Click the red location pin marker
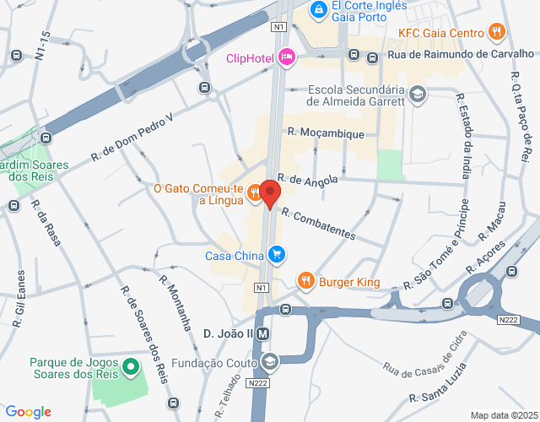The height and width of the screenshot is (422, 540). point(269,193)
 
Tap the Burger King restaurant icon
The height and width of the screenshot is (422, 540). point(306,281)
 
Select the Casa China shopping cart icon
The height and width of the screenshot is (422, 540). point(276,254)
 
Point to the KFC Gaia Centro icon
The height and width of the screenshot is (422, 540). point(497,33)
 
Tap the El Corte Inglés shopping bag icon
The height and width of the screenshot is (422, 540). point(318,10)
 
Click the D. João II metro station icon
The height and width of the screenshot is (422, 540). point(263,333)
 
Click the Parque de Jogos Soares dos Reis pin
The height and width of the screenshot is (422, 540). point(130,366)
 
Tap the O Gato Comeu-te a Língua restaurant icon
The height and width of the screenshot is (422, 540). point(254,194)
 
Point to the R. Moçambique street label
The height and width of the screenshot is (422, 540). point(326,133)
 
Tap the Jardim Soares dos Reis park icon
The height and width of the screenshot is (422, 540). point(18,184)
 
